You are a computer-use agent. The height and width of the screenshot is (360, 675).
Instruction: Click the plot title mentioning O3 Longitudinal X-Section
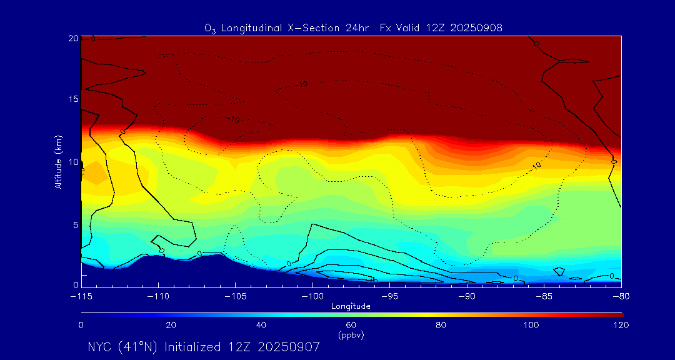point(354,27)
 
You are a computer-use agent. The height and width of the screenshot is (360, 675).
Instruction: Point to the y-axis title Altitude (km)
point(58,162)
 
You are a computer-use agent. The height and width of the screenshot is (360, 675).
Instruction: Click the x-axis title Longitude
point(351,306)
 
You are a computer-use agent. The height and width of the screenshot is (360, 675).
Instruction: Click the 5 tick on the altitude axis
point(74,224)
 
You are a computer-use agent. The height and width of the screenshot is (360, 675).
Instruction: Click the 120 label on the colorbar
point(621,325)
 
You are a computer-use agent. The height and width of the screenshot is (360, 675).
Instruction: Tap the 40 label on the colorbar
point(261,325)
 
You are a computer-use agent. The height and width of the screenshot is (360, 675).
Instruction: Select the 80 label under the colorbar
point(441,325)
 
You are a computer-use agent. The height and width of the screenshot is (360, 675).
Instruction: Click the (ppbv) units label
point(351,335)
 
